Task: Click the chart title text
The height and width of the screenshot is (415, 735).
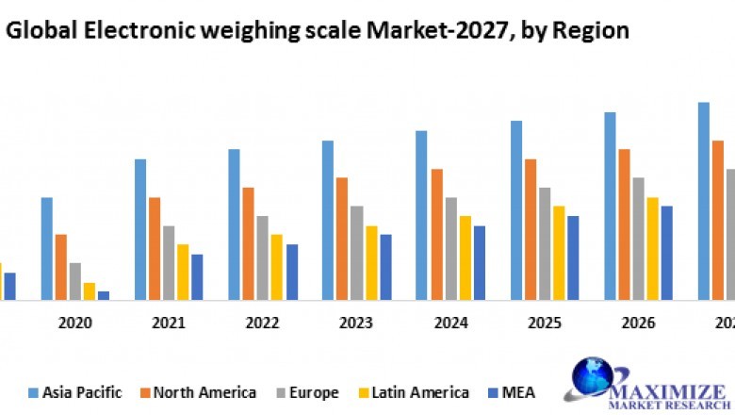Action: (317, 30)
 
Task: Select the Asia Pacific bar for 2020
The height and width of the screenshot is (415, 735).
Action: (46, 249)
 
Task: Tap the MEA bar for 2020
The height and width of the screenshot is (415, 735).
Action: (104, 295)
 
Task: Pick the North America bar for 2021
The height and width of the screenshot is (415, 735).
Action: (155, 249)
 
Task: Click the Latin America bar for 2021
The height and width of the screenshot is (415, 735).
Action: (183, 273)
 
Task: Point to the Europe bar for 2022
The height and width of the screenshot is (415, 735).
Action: (263, 258)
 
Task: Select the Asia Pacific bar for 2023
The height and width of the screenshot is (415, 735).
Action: (328, 221)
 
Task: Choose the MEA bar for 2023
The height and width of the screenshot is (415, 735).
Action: (385, 268)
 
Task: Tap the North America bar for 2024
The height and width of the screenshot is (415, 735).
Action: (437, 235)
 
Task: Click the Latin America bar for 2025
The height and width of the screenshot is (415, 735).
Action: (559, 254)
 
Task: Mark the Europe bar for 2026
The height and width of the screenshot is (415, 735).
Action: (639, 240)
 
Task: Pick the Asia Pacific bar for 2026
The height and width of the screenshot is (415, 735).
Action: (610, 207)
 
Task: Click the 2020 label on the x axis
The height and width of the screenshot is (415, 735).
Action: (75, 324)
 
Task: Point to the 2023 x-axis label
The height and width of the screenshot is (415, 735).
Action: (356, 324)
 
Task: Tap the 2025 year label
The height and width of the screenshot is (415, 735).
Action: (544, 324)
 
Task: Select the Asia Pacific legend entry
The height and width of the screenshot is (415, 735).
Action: (74, 392)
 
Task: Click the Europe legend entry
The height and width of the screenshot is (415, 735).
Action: (309, 392)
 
